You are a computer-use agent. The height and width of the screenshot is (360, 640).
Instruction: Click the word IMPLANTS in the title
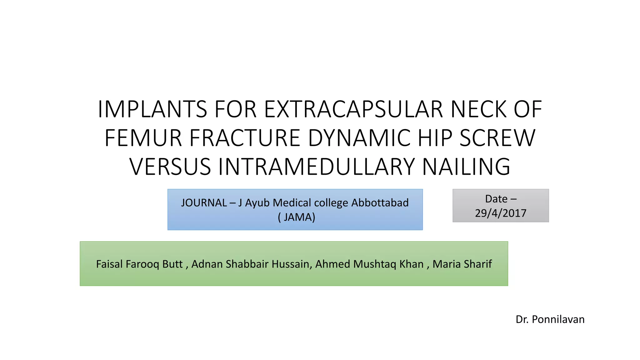coord(152,109)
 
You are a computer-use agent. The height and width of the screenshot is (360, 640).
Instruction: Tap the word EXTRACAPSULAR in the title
coord(353,109)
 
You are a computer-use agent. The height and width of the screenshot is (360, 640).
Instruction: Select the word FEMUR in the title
coord(143,138)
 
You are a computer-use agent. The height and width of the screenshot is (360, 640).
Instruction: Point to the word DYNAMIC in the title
coord(359,138)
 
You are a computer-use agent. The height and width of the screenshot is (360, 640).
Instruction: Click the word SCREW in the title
coord(497,138)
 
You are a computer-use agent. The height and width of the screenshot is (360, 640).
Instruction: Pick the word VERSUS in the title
coord(170,167)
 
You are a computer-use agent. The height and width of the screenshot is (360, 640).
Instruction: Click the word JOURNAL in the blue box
coord(204,203)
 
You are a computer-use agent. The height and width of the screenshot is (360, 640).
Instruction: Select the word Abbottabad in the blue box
coord(380,203)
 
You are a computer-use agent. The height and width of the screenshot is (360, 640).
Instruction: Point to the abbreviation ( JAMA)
coord(296,217)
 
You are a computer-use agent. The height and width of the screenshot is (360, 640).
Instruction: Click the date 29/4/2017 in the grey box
coord(501,213)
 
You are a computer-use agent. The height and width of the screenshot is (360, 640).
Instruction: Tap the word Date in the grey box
coord(496,199)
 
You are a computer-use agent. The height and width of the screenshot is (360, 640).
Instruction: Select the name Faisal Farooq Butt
coord(139,264)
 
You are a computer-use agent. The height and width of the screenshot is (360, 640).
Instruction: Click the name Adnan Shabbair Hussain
coord(250,264)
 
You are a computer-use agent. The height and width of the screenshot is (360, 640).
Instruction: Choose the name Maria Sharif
coord(462,264)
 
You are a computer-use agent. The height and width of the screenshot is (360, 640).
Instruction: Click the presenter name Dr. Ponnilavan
coord(550,319)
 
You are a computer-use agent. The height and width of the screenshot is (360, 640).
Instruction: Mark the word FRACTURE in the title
coord(245,138)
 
